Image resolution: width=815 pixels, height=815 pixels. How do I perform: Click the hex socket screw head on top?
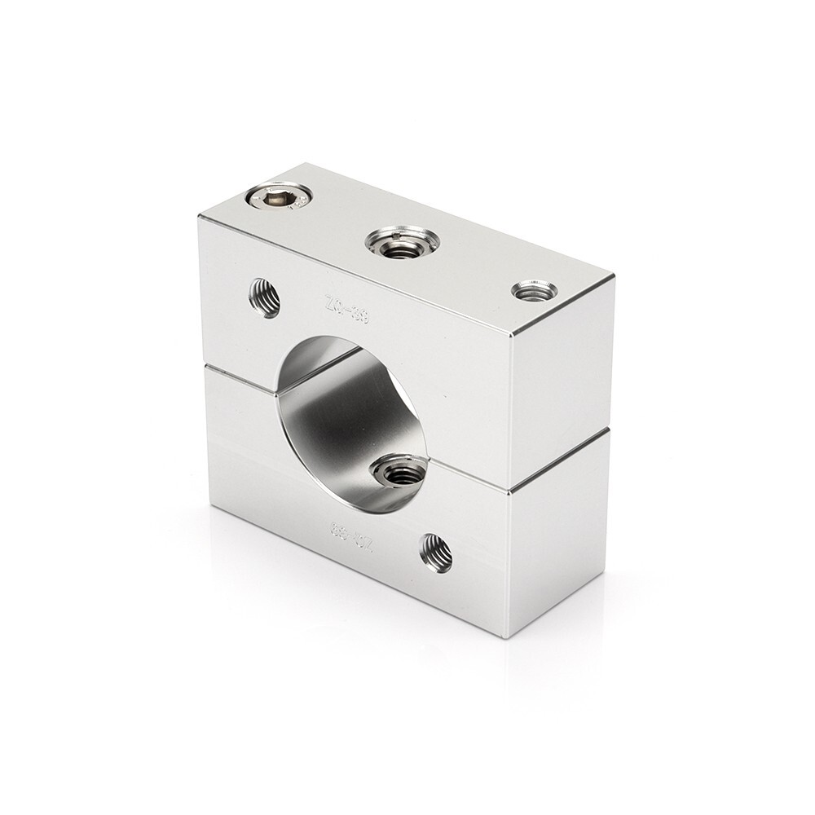coord(279,196)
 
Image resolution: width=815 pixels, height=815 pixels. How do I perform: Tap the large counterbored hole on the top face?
coord(402,241)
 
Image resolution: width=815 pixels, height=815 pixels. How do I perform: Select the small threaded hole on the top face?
coord(535,289)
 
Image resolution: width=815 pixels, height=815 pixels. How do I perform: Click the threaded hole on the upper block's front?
coord(264,297)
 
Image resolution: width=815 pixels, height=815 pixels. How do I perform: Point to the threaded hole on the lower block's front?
coord(436,553)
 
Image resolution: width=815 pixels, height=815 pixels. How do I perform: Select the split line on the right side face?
coord(560,460)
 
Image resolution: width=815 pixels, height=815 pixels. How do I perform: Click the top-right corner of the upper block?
coord(613,277)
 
